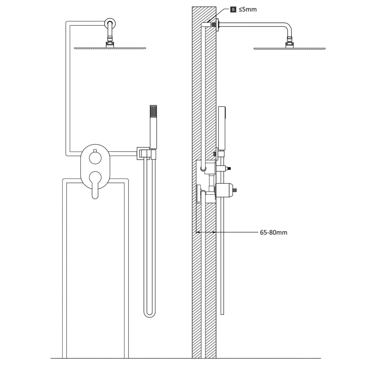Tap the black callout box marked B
coord(233,10)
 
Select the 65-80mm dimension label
coord(273,233)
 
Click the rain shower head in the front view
coord(110,48)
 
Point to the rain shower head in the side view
coord(289,48)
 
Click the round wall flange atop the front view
coord(109,24)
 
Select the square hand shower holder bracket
coord(143,154)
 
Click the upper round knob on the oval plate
coord(95,158)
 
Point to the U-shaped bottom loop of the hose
coord(150,314)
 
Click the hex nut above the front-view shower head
coord(110,44)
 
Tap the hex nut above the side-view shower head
coord(289,44)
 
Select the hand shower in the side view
coord(222,128)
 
